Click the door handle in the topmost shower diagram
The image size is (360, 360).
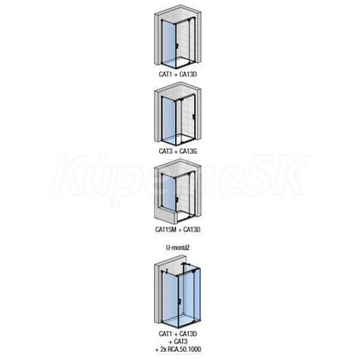point(177,46)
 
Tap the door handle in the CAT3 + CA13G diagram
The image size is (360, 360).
point(194,116)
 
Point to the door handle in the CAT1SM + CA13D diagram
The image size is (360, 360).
point(177,200)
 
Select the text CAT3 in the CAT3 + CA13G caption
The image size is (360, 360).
point(166,151)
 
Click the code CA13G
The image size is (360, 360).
point(188,151)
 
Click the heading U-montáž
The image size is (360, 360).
point(178,248)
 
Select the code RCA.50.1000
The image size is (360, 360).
point(184,349)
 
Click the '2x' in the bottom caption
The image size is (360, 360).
point(163,349)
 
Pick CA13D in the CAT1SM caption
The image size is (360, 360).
point(192,229)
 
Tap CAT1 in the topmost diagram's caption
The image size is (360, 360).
point(166,74)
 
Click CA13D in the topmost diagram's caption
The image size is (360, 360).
point(188,74)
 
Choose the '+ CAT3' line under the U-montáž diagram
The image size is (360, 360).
point(178,341)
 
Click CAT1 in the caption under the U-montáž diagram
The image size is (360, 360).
point(166,334)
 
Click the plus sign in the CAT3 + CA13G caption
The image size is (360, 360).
point(176,151)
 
